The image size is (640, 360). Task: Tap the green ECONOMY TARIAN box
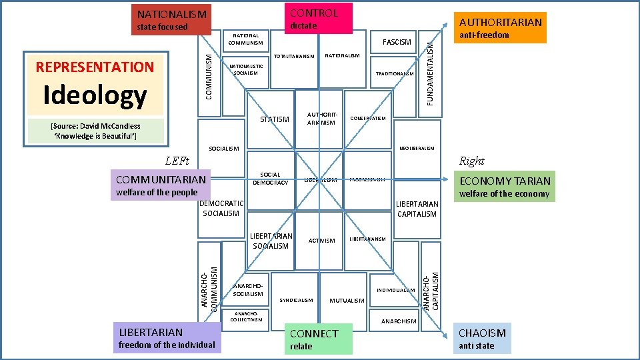coord(504,187)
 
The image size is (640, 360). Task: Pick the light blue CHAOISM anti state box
coord(483,339)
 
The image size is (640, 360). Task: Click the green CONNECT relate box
coord(319,339)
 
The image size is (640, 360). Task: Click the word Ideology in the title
coord(94,95)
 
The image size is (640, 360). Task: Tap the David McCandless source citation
coord(95,131)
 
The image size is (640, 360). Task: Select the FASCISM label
coord(397,42)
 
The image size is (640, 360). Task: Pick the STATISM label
coord(275,120)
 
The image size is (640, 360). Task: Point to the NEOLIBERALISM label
coord(416,149)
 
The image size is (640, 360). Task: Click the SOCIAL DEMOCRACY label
coord(271,179)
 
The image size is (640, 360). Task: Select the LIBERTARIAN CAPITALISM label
coord(417,209)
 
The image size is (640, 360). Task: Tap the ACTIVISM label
coord(322,241)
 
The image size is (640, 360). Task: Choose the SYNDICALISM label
coord(296,301)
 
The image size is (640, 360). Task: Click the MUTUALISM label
coord(347,301)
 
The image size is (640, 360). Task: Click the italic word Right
coord(471,161)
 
